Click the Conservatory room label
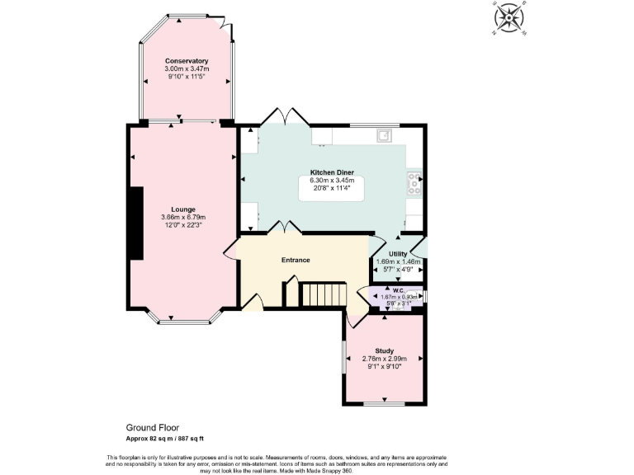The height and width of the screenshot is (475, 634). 187,61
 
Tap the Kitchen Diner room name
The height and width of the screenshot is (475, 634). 332,172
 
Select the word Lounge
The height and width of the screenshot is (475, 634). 183,209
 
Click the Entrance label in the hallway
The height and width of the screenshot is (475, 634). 296,260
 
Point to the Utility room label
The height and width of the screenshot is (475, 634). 399,254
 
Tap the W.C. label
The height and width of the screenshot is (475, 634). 398,290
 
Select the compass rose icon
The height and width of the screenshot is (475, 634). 509,17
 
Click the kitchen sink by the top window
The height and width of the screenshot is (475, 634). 384,135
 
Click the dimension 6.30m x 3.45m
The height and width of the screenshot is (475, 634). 332,180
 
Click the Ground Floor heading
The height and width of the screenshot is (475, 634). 152,427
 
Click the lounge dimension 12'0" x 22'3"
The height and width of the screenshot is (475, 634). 183,224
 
